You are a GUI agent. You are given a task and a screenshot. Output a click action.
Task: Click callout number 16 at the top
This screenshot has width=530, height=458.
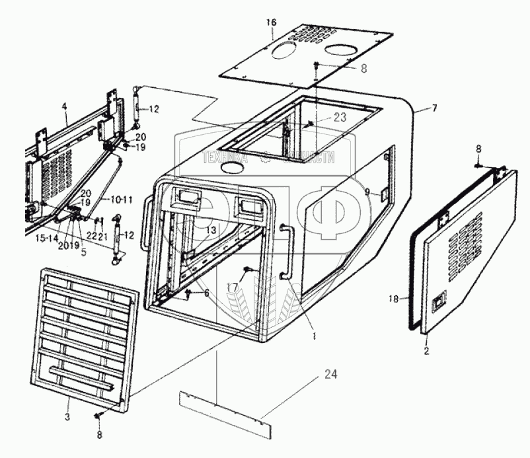pos(271,22)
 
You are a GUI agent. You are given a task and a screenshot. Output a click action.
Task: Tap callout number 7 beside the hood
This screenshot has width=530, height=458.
pos(434,108)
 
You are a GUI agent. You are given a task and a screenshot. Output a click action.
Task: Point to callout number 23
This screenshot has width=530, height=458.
pos(322,116)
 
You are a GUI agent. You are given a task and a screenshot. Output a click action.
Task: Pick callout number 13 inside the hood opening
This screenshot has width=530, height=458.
pos(210,229)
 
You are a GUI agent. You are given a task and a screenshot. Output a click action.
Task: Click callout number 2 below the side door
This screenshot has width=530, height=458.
pos(426,351)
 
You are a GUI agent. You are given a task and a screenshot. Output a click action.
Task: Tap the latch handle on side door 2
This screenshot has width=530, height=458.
pos(439,305)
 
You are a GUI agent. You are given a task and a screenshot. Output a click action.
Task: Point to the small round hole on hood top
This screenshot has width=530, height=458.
pos(231,169)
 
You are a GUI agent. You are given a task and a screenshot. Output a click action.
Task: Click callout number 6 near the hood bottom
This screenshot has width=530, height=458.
pos(206,292)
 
